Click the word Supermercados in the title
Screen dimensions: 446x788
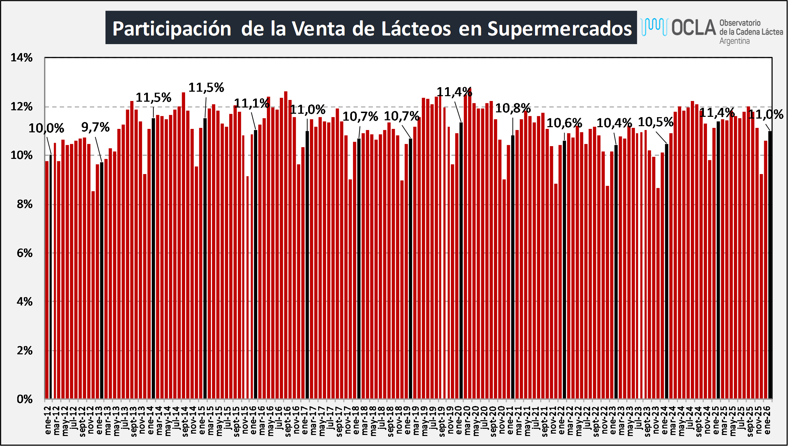560,28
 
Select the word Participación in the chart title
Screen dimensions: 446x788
172,29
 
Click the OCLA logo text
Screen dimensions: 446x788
694,28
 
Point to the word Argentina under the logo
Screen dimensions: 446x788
734,41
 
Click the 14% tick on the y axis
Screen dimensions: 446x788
21,58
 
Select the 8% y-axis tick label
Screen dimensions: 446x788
24,204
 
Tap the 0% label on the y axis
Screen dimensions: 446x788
24,399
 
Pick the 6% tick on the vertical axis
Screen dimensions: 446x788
24,253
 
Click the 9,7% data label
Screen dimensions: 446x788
95,128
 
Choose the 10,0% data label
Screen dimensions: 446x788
46,129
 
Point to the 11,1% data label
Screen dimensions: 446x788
252,103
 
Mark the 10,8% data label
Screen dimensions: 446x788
513,109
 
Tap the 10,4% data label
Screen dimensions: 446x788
614,123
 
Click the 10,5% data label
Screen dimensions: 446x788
656,122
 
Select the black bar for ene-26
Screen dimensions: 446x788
770,265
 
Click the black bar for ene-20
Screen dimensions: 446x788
461,262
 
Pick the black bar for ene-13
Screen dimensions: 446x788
102,281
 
